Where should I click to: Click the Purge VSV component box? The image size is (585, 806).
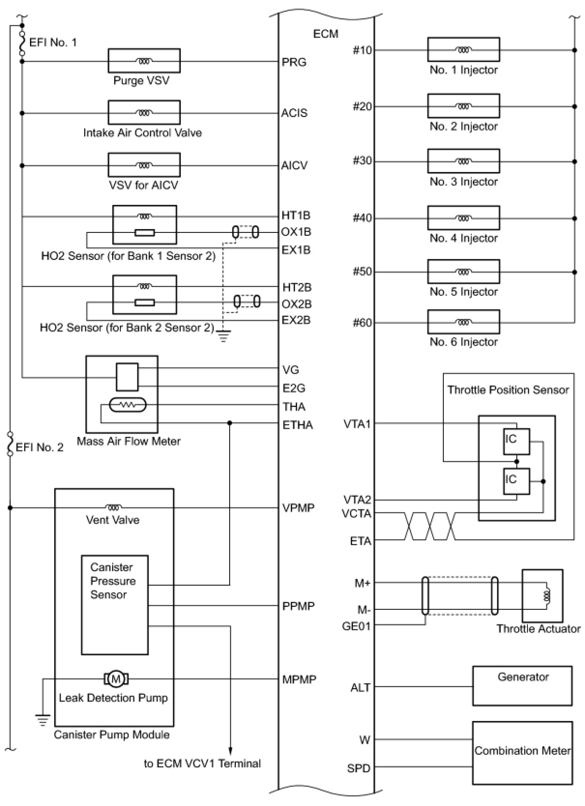click(144, 61)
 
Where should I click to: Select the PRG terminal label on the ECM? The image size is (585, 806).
click(294, 62)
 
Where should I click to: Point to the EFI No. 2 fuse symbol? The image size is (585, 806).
click(10, 445)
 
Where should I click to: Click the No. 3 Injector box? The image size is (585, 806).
click(463, 161)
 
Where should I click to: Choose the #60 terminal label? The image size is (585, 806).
click(362, 323)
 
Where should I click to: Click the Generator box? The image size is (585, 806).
click(522, 686)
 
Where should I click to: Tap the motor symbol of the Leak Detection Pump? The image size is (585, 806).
click(116, 679)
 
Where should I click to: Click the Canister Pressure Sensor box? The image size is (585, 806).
click(115, 604)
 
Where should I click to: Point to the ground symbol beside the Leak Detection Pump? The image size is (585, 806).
click(43, 720)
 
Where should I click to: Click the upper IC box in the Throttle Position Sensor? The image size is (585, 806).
click(516, 441)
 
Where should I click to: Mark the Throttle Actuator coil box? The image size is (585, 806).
click(542, 595)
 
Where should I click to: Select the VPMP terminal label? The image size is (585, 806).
click(298, 508)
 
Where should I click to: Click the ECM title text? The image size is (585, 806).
click(325, 34)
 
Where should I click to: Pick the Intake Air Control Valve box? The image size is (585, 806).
click(144, 113)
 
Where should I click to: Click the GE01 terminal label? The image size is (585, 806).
click(356, 626)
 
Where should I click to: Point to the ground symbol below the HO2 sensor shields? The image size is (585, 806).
click(223, 335)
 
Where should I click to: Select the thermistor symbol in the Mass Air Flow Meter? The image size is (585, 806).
click(128, 405)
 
